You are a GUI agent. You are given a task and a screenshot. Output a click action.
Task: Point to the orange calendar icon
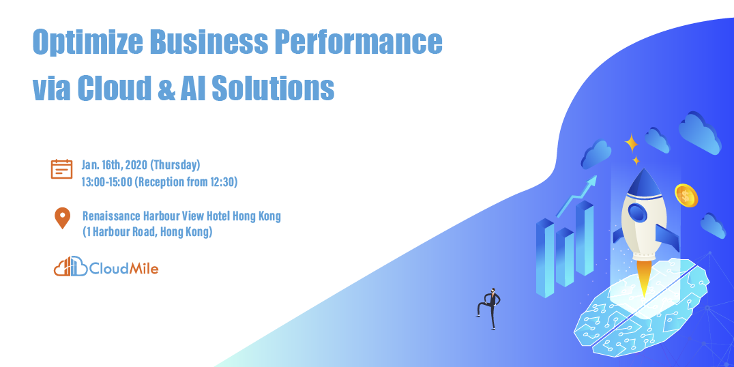[x=61, y=168]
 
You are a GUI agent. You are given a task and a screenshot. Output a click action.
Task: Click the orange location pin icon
[x=62, y=218]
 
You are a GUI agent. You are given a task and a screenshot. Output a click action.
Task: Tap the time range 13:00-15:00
[x=107, y=181]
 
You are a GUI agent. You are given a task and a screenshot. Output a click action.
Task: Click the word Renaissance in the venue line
[x=111, y=216]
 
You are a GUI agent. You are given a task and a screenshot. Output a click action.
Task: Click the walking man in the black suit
[x=489, y=308]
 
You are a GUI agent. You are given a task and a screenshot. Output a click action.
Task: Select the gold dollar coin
[x=686, y=196]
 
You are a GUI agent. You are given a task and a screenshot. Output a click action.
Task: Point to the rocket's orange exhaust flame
[x=642, y=280]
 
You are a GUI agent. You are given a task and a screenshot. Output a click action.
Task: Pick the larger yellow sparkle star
[x=632, y=143]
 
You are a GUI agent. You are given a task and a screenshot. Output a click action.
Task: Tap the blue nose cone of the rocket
[x=641, y=181]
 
